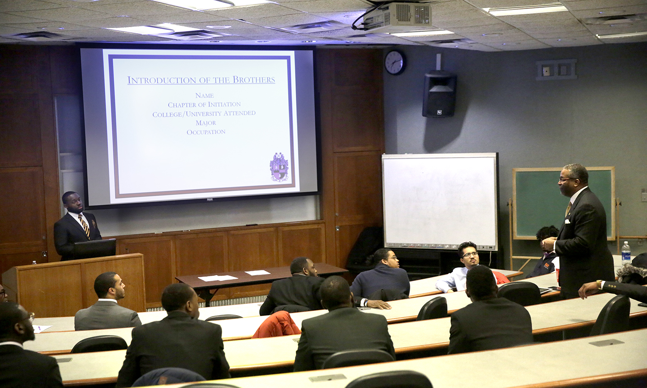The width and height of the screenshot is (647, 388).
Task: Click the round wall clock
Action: [395, 63]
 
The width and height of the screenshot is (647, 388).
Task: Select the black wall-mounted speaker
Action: [440, 94]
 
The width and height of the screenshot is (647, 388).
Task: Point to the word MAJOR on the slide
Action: [206, 123]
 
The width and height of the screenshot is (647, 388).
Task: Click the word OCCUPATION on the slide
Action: [206, 132]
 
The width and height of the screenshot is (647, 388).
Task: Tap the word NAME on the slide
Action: [204, 95]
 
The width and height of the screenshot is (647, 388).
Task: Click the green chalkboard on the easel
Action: [564, 203]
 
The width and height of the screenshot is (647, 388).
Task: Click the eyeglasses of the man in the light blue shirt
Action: [470, 255]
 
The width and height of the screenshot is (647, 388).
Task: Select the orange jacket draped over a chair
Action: [276, 325]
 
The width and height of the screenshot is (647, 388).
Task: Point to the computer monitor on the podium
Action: [95, 248]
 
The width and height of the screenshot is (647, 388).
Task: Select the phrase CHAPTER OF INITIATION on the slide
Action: [204, 104]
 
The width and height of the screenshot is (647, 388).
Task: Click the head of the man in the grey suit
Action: [109, 286]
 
